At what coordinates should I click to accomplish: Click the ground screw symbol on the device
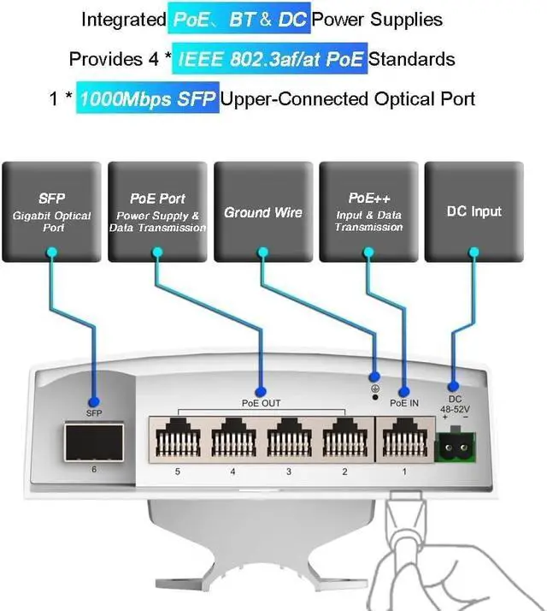point(374,390)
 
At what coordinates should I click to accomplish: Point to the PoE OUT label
point(261,403)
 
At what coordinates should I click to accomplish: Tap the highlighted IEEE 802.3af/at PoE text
point(269,59)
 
